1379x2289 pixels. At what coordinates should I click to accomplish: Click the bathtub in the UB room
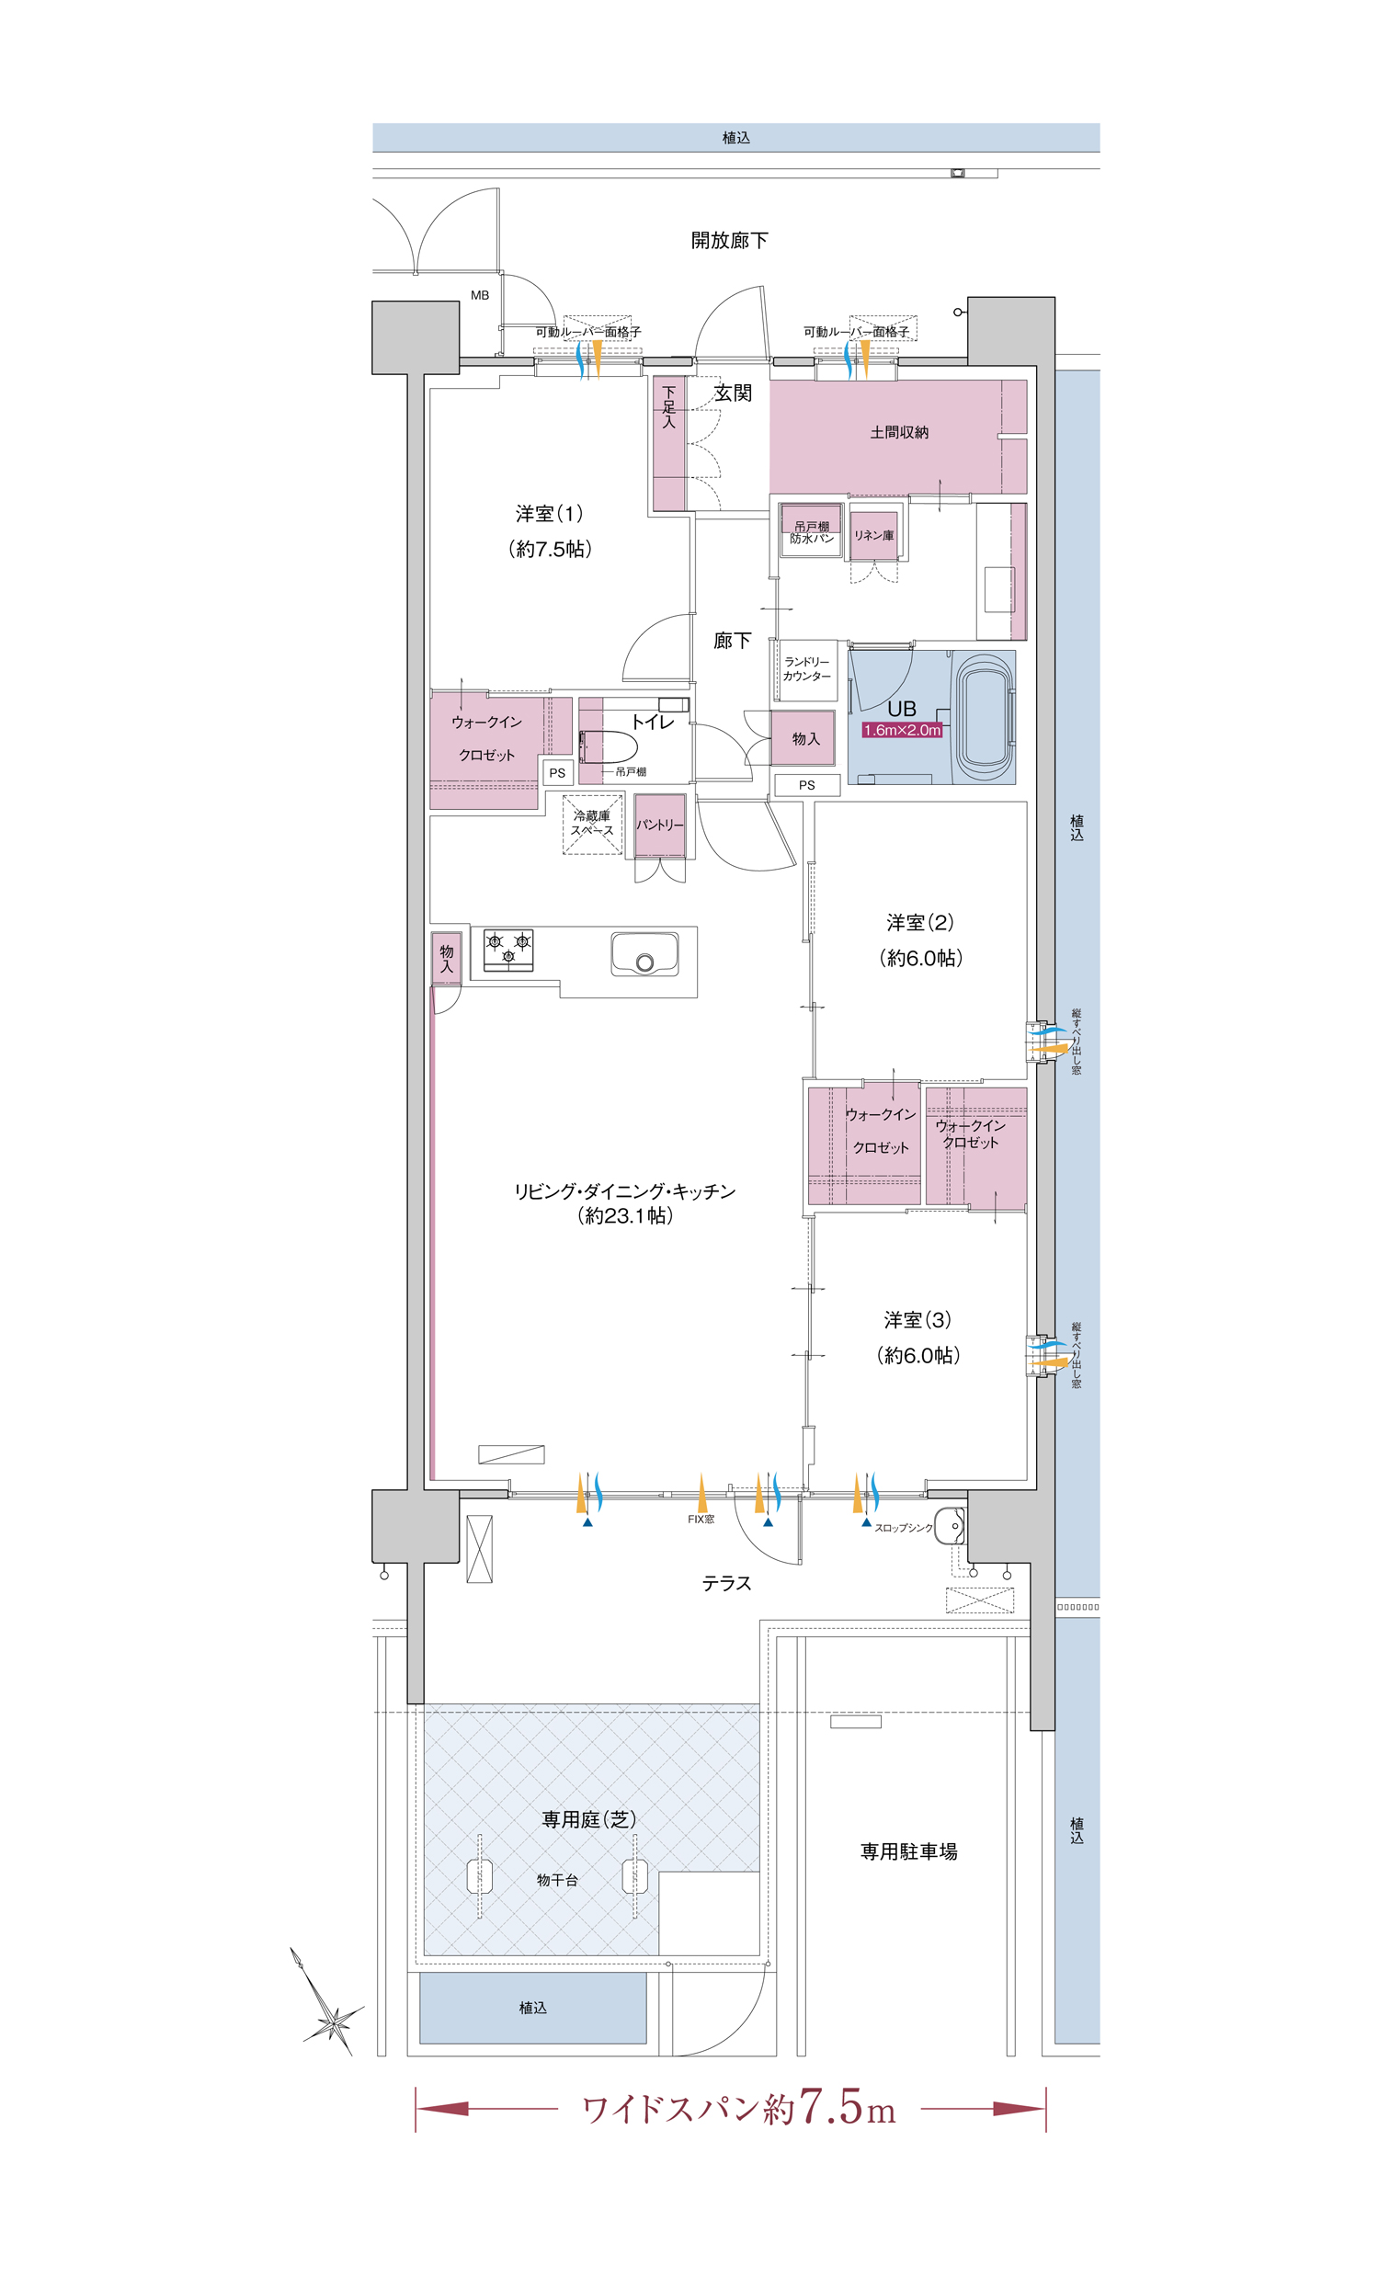click(x=984, y=716)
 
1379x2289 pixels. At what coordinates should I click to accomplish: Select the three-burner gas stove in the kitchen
click(x=508, y=951)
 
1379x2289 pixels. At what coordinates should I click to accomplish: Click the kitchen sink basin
click(x=644, y=955)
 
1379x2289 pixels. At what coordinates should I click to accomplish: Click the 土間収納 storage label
click(x=898, y=432)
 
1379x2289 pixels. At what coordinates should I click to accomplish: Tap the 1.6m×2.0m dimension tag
click(x=901, y=730)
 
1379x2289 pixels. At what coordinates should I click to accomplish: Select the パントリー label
click(x=660, y=825)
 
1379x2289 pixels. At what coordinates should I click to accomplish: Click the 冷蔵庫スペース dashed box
click(x=592, y=824)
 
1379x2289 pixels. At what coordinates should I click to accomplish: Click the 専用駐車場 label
click(x=908, y=1851)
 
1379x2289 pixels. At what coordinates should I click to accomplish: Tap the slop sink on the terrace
click(x=950, y=1525)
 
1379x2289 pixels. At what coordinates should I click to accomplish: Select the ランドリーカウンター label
click(x=806, y=669)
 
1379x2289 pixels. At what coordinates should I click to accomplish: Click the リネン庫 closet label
click(x=873, y=535)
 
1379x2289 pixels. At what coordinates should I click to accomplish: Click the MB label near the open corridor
click(x=480, y=295)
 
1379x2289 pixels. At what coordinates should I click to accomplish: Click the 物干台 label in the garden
click(x=557, y=1880)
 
